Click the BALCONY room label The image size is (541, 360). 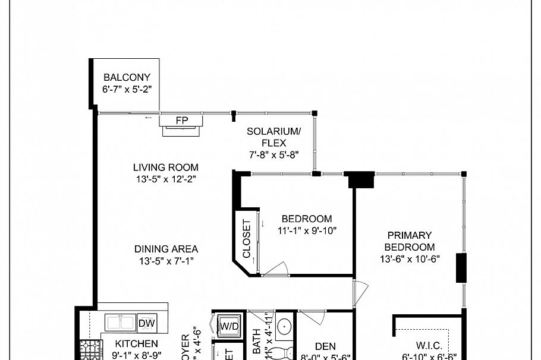click(x=127, y=77)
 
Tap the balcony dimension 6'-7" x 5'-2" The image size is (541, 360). click(x=127, y=89)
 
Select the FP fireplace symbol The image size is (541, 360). click(x=182, y=121)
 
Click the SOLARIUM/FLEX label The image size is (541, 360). click(x=273, y=137)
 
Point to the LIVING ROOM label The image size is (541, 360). click(x=165, y=168)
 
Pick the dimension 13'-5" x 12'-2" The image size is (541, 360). click(x=165, y=179)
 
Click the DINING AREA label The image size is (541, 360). click(x=166, y=250)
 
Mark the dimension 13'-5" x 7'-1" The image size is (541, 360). click(x=166, y=261)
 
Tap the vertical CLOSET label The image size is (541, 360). click(x=246, y=239)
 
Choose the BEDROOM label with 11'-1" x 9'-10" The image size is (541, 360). click(x=307, y=219)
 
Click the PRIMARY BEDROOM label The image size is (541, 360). click(x=409, y=241)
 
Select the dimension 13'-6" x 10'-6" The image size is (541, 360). click(x=409, y=258)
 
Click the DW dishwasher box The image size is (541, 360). click(x=147, y=323)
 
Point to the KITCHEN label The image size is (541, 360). click(x=137, y=343)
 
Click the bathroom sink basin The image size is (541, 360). click(x=284, y=326)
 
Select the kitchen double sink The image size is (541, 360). click(x=121, y=323)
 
